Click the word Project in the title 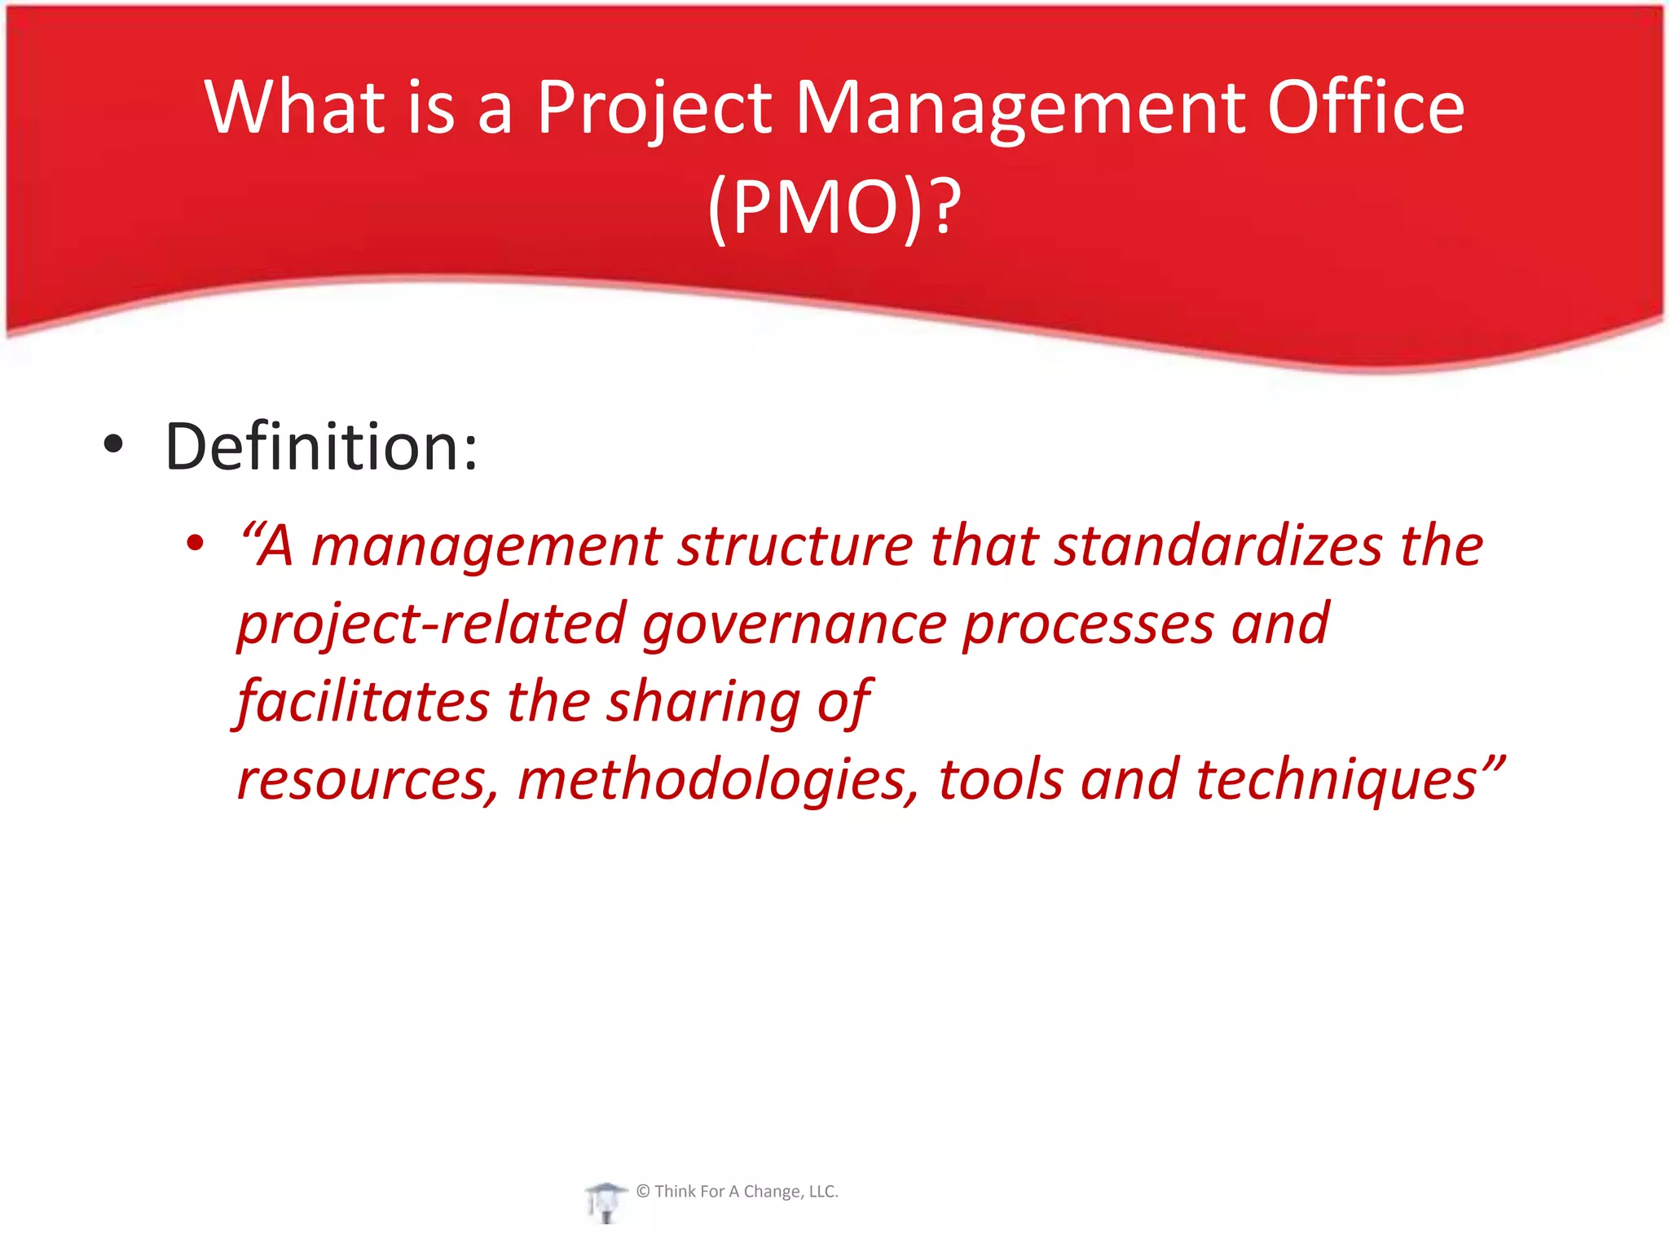pos(654,108)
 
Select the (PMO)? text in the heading pos(834,208)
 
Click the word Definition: pos(321,447)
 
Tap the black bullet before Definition pos(113,444)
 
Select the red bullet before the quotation pos(194,542)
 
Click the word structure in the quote pos(795,545)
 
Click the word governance pos(794,624)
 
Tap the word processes pos(1088,624)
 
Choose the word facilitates pos(363,701)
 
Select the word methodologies pos(718,779)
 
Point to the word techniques pos(1337,779)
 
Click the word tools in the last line pos(1001,778)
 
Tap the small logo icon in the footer pos(604,1201)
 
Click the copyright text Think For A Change pos(738,1192)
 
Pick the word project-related pos(431,624)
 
